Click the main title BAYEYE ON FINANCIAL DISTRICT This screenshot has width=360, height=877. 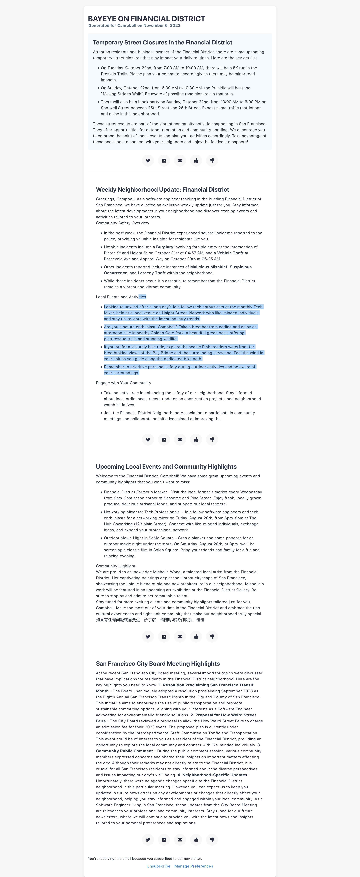[146, 19]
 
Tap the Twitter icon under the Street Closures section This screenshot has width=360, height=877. [148, 161]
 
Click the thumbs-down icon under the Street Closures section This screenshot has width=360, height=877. [212, 161]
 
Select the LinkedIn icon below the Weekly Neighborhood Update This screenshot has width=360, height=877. [164, 439]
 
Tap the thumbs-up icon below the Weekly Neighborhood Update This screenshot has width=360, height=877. [196, 439]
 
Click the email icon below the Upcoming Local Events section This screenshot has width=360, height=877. [180, 637]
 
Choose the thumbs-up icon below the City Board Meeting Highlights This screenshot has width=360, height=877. [196, 840]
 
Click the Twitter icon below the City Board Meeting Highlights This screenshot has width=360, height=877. [148, 840]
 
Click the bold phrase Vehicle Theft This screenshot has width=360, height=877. [230, 253]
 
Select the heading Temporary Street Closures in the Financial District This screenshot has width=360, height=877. [162, 43]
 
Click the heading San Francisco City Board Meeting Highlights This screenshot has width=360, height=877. [158, 664]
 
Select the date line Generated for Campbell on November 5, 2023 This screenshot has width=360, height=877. [134, 25]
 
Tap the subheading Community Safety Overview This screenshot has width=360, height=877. [122, 223]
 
